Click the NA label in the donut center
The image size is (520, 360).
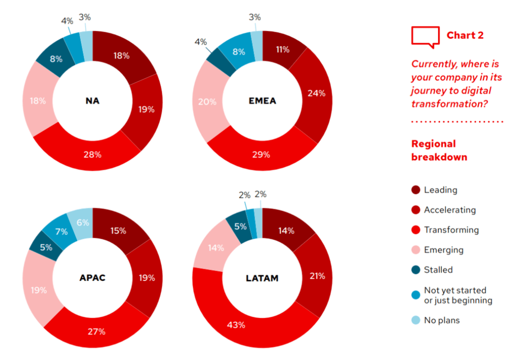click(x=92, y=101)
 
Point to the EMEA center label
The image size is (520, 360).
click(x=262, y=101)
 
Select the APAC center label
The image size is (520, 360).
click(x=92, y=278)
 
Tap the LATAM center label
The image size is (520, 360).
click(x=262, y=278)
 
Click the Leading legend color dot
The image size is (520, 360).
click(x=416, y=190)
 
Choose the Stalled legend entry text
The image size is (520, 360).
click(x=438, y=270)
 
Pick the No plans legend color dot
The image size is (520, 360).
click(x=416, y=320)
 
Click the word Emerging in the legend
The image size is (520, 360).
click(x=443, y=250)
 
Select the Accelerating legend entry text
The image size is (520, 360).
click(x=450, y=210)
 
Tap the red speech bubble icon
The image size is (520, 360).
click(x=425, y=37)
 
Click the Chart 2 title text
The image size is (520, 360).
click(x=465, y=35)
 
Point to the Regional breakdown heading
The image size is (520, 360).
click(x=439, y=150)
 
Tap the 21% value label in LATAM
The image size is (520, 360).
click(x=317, y=276)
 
